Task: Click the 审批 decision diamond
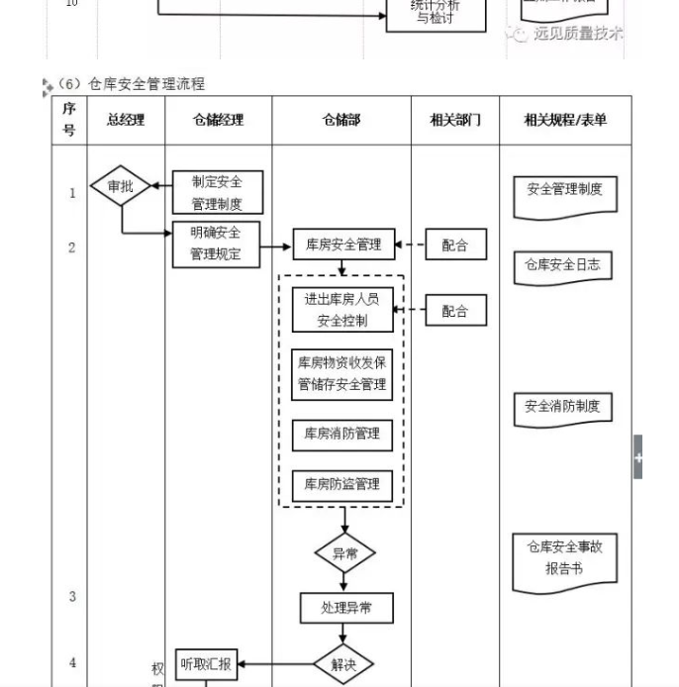click(120, 186)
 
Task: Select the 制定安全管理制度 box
click(217, 192)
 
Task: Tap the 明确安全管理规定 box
click(217, 244)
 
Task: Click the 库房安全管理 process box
click(342, 245)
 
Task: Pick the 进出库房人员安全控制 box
click(342, 309)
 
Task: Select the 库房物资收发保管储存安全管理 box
click(342, 373)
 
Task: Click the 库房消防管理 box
click(342, 434)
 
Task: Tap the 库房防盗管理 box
click(342, 485)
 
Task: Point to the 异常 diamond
click(344, 553)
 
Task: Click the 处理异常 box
click(346, 608)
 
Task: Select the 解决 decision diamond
click(344, 664)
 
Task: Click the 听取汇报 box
click(206, 664)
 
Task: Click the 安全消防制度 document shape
click(562, 408)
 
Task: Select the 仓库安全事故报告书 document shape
click(564, 560)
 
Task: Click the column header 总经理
click(126, 120)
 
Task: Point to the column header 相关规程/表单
click(565, 120)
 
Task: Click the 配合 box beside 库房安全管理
click(455, 245)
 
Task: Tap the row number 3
click(71, 596)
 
